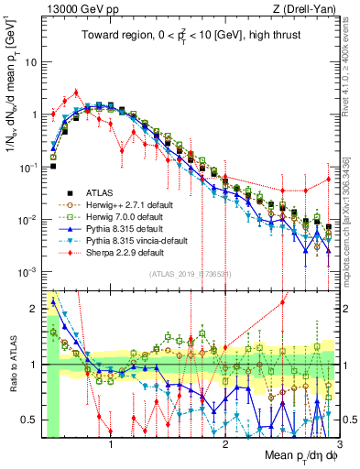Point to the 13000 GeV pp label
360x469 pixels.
69,7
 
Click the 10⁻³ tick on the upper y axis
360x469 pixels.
27,272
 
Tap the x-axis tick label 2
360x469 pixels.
225,443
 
